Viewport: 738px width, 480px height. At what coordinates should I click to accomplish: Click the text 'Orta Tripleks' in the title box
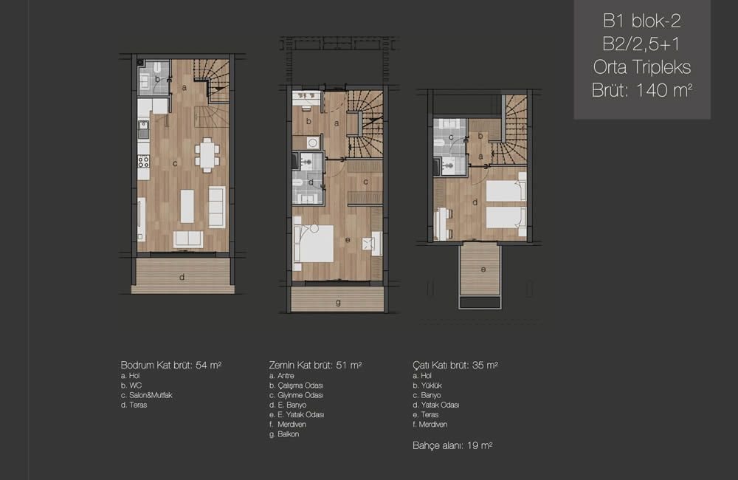pyautogui.click(x=641, y=67)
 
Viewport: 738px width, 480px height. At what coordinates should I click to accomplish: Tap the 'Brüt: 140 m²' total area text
pyautogui.click(x=641, y=90)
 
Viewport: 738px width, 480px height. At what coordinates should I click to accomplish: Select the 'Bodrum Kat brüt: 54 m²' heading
pyautogui.click(x=171, y=365)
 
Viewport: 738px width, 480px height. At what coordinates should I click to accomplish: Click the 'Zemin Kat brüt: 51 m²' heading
pyautogui.click(x=315, y=365)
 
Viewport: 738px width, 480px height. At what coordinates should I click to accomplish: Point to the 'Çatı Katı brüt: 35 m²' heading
pyautogui.click(x=455, y=365)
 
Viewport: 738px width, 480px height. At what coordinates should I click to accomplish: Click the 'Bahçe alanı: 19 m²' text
pyautogui.click(x=452, y=445)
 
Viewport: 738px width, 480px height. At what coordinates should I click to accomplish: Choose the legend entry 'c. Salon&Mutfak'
pyautogui.click(x=146, y=395)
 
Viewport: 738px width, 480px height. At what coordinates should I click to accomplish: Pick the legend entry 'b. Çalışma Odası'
pyautogui.click(x=296, y=385)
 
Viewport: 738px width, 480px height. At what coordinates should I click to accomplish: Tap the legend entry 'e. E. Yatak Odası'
pyautogui.click(x=297, y=414)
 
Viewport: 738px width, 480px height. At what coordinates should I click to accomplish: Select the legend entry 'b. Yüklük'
pyautogui.click(x=427, y=385)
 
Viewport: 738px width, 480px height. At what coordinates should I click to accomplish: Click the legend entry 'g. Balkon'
pyautogui.click(x=284, y=434)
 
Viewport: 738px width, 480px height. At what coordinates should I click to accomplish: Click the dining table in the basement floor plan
pyautogui.click(x=207, y=155)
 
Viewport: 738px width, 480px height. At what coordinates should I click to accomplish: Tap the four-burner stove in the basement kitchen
pyautogui.click(x=144, y=162)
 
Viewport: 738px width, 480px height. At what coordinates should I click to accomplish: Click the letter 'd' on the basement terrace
pyautogui.click(x=182, y=278)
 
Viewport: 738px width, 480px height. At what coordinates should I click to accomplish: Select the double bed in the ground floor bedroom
pyautogui.click(x=314, y=244)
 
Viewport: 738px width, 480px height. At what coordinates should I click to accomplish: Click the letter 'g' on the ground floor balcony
pyautogui.click(x=338, y=303)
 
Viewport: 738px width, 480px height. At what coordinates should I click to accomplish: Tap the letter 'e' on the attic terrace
pyautogui.click(x=483, y=270)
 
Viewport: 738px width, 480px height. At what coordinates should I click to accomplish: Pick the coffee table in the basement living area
pyautogui.click(x=187, y=206)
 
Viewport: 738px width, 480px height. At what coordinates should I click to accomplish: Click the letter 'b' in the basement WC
pyautogui.click(x=158, y=79)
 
